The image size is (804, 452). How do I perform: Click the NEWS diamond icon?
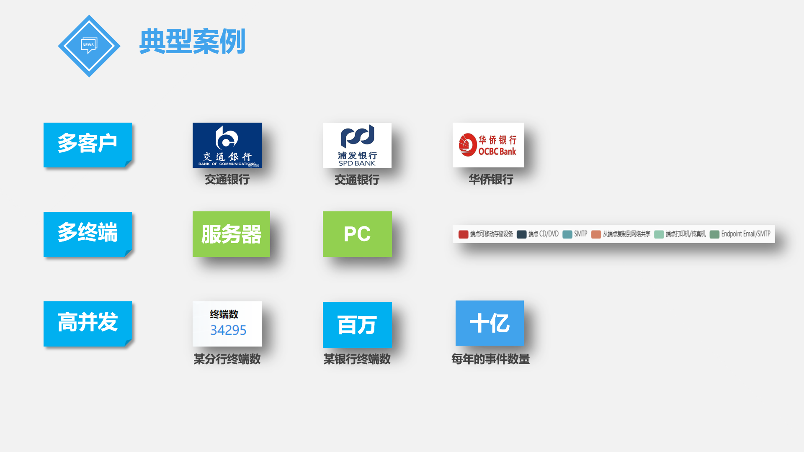pyautogui.click(x=89, y=46)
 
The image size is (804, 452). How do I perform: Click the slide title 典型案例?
pyautogui.click(x=192, y=41)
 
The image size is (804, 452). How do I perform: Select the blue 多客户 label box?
pyautogui.click(x=88, y=144)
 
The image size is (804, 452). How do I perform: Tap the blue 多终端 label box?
pyautogui.click(x=88, y=234)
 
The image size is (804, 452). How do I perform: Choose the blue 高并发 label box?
pyautogui.click(x=88, y=323)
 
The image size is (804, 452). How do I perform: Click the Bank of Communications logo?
pyautogui.click(x=227, y=145)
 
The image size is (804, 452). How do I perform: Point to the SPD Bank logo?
pyautogui.click(x=357, y=145)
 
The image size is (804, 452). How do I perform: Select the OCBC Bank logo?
pyautogui.click(x=488, y=145)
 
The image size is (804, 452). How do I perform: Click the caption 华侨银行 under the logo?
pyautogui.click(x=491, y=180)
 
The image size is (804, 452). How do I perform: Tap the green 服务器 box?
pyautogui.click(x=231, y=234)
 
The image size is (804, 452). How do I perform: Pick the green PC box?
pyautogui.click(x=357, y=234)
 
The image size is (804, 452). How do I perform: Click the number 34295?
pyautogui.click(x=228, y=330)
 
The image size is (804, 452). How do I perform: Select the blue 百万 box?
pyautogui.click(x=357, y=325)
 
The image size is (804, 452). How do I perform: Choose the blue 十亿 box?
pyautogui.click(x=490, y=323)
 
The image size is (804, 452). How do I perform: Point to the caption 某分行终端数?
pyautogui.click(x=227, y=359)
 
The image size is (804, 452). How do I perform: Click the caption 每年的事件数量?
pyautogui.click(x=490, y=359)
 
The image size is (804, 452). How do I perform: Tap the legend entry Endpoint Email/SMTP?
pyautogui.click(x=745, y=234)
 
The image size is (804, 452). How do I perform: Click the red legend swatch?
pyautogui.click(x=463, y=234)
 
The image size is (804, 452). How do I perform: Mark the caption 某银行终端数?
pyautogui.click(x=357, y=359)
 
